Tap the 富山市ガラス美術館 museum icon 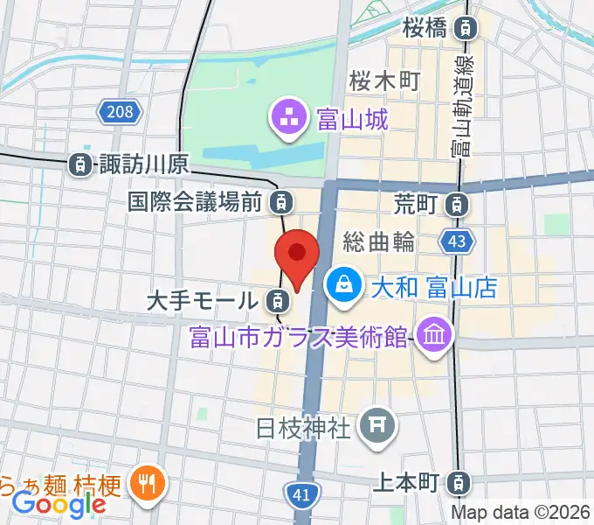(x=432, y=334)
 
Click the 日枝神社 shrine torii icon (x=378, y=427)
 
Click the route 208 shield (x=116, y=111)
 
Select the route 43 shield (x=459, y=240)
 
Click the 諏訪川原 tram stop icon (x=79, y=163)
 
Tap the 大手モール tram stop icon (x=276, y=303)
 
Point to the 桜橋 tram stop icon (x=468, y=28)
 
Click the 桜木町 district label (x=384, y=80)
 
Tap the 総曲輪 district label (x=378, y=242)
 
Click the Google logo (x=59, y=504)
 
